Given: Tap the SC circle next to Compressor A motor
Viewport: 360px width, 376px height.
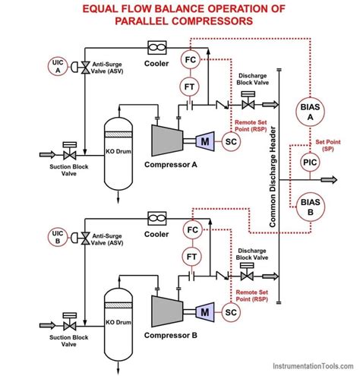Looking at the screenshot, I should click(x=231, y=141).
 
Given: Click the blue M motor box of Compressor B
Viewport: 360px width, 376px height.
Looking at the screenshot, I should click(x=205, y=310).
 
